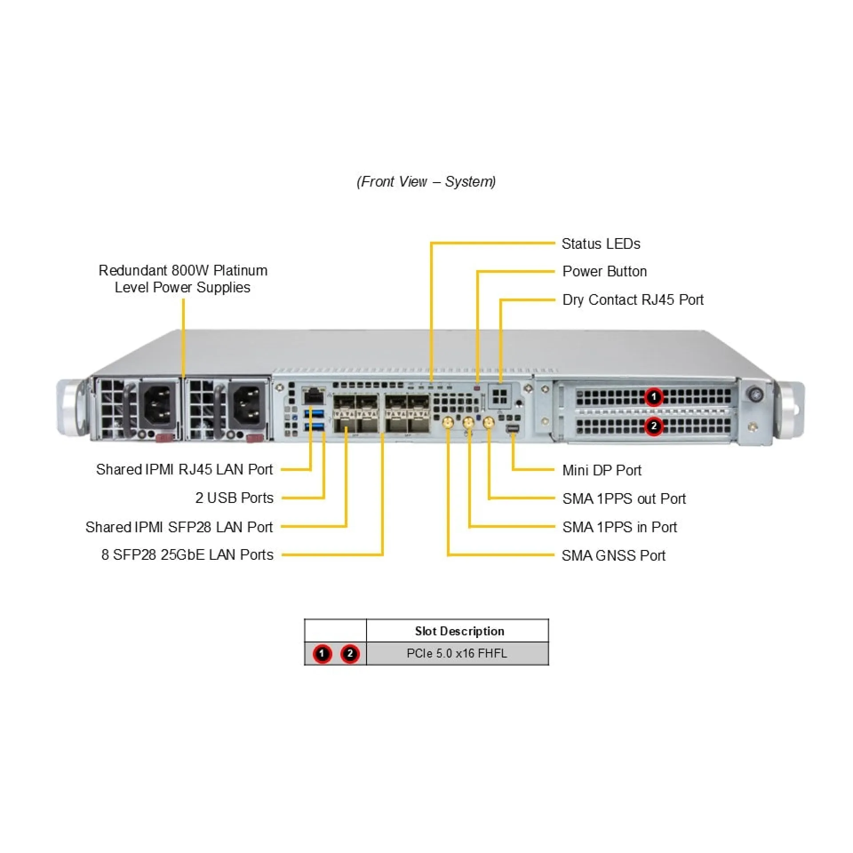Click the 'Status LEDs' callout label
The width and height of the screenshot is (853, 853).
(601, 244)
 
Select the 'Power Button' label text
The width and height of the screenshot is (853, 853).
(604, 271)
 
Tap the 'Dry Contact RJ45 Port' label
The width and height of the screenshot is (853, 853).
(633, 300)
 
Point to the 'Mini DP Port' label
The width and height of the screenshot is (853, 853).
(602, 470)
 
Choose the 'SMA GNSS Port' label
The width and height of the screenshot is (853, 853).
(613, 555)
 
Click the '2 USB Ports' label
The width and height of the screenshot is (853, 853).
(234, 498)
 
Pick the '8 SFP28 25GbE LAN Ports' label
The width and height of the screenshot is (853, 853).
(187, 555)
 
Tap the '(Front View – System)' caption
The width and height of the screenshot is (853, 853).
(426, 182)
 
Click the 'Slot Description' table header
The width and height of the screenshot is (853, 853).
(459, 631)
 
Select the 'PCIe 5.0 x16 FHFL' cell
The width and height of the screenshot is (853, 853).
(457, 654)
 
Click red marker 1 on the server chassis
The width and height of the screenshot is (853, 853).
(654, 397)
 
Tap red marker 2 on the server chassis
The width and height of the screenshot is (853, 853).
(654, 426)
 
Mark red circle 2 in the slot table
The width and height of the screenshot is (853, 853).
(350, 654)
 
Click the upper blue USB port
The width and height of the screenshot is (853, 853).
(314, 415)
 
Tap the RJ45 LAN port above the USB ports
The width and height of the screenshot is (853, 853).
(314, 395)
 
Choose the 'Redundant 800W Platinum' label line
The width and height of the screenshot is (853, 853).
(183, 271)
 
